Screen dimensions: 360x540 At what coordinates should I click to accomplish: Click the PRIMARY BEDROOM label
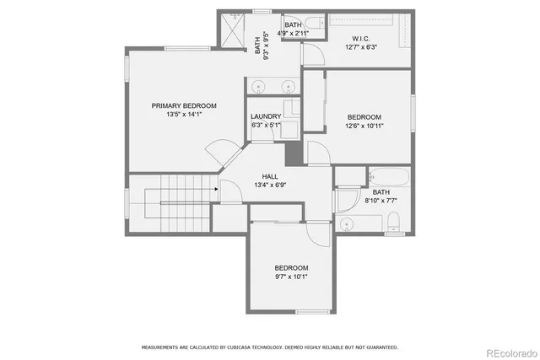point(184,105)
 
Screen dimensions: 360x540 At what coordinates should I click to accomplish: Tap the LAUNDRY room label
point(265,116)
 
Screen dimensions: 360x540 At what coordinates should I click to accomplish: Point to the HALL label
point(270,176)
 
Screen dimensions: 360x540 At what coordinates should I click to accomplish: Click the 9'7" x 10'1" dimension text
point(291,277)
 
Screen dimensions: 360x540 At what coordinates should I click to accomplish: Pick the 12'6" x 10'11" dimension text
point(364,126)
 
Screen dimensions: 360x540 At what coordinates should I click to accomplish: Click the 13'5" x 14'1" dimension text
point(184,115)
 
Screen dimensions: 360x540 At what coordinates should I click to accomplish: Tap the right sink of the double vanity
point(288,84)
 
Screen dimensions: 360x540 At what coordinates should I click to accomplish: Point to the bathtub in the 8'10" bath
point(388,178)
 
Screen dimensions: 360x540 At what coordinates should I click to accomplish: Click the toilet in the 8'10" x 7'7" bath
point(394,222)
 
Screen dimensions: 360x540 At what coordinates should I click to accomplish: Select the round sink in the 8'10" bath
point(346,223)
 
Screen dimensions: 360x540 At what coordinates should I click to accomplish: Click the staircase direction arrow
point(216,189)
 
